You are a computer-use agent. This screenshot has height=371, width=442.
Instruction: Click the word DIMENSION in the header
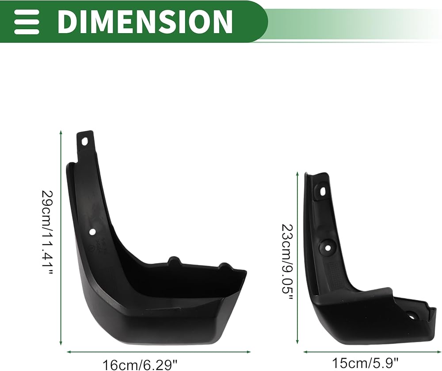tap(145, 21)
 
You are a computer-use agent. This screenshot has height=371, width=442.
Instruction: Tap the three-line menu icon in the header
tap(27, 21)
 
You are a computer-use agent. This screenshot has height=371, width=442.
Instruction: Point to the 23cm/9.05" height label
tap(287, 263)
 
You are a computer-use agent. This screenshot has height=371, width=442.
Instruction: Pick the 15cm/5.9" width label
tap(366, 363)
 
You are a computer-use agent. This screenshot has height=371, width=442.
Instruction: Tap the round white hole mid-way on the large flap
tap(92, 232)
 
